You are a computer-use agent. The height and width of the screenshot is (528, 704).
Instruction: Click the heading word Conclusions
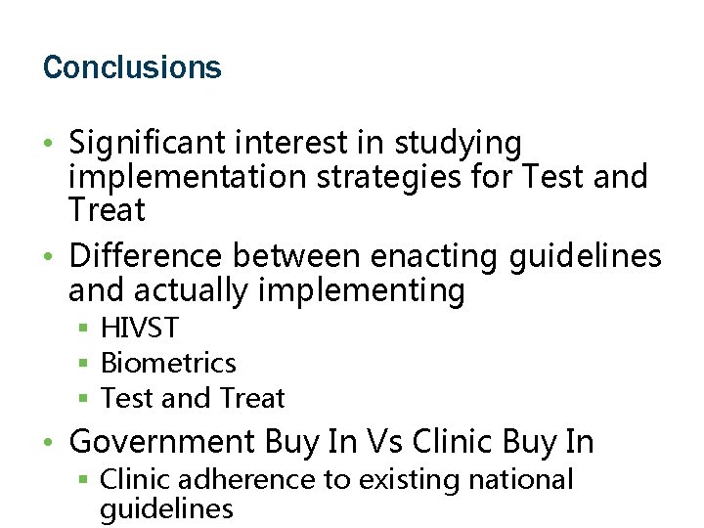132,67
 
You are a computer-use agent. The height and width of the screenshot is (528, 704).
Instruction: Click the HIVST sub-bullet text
140,329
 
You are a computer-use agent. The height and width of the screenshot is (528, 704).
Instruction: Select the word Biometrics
168,364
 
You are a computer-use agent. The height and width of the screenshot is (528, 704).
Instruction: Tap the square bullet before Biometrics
85,365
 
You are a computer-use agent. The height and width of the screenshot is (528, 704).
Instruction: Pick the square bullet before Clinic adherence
85,481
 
